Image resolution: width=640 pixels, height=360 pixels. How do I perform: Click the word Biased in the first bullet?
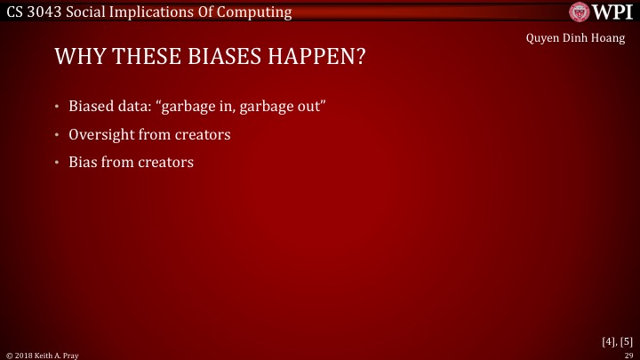[92, 108]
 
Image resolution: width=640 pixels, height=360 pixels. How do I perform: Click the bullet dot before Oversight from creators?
[56, 136]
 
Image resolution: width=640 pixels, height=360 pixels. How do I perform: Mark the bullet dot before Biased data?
[56, 108]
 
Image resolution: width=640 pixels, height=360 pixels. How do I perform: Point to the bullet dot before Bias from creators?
[56, 164]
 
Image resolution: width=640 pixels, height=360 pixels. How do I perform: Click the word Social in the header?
[92, 12]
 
